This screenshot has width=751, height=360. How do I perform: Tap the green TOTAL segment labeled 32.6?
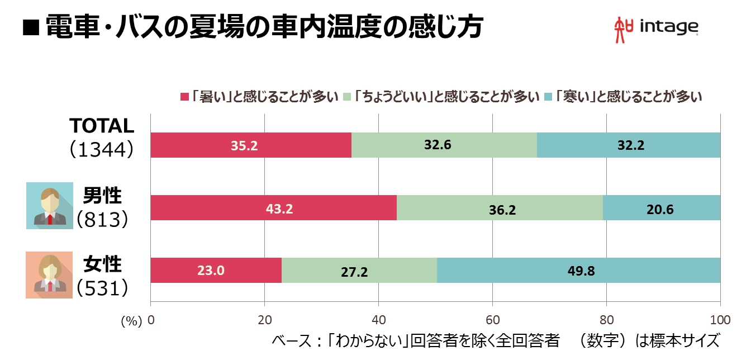tap(444, 145)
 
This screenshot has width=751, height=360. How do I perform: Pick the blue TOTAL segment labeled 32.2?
tap(628, 145)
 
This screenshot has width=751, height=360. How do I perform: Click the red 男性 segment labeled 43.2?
tap(273, 208)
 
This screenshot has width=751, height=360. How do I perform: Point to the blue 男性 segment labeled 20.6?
tap(662, 208)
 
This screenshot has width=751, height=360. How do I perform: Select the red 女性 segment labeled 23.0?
tap(216, 271)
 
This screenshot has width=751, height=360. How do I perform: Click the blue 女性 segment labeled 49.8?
tap(578, 271)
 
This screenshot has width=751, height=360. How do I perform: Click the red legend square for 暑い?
tap(185, 97)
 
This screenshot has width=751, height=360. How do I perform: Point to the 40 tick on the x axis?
tap(378, 320)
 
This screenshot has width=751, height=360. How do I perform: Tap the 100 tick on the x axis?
tap(720, 320)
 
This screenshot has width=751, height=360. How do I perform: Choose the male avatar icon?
tap(49, 205)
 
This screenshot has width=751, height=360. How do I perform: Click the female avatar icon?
tap(49, 274)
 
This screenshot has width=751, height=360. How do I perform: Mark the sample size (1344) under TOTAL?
tap(101, 149)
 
